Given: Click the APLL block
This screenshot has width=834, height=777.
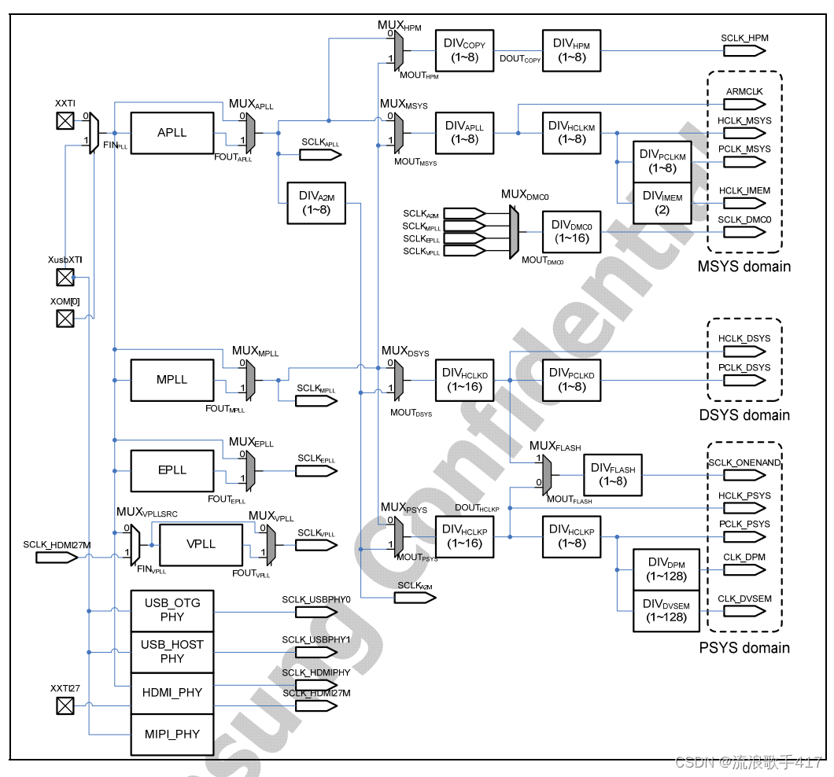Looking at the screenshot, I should click(x=172, y=133).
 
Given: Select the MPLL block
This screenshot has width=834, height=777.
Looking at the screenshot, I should click(x=172, y=380).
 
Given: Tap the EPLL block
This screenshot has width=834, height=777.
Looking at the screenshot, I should click(x=172, y=470).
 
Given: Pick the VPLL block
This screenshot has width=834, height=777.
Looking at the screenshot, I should click(x=201, y=544).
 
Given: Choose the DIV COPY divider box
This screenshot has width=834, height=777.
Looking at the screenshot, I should click(x=464, y=51).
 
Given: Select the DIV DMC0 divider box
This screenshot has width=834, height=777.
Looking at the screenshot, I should click(x=571, y=231).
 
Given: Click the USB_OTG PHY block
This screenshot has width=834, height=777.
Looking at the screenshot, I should click(x=172, y=609).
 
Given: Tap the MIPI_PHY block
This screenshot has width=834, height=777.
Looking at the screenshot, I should click(x=172, y=735).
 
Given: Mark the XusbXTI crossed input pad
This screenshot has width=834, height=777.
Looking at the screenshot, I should click(x=65, y=277).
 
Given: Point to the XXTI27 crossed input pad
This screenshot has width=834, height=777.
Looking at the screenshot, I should click(x=65, y=706).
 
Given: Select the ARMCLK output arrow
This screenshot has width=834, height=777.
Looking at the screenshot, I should click(x=744, y=104).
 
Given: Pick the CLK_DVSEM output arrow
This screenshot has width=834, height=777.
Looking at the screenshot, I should click(x=744, y=611).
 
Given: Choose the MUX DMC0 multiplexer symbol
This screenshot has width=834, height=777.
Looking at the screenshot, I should click(x=514, y=232).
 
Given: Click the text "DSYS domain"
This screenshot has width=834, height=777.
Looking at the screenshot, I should click(x=744, y=414).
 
